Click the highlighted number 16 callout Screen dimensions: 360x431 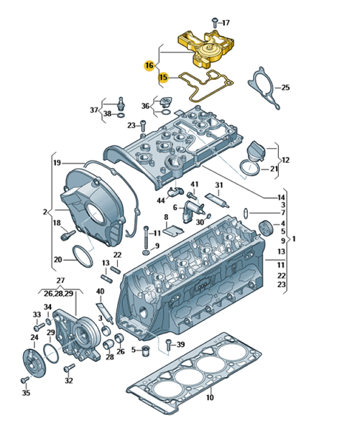[149, 65]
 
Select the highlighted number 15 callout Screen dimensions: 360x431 [163, 78]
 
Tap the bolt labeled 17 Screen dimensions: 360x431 [215, 22]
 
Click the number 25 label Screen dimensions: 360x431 [285, 88]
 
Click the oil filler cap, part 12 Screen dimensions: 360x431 [256, 151]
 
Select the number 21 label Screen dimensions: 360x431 [274, 169]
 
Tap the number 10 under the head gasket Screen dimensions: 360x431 [210, 397]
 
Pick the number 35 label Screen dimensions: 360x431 [26, 393]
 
